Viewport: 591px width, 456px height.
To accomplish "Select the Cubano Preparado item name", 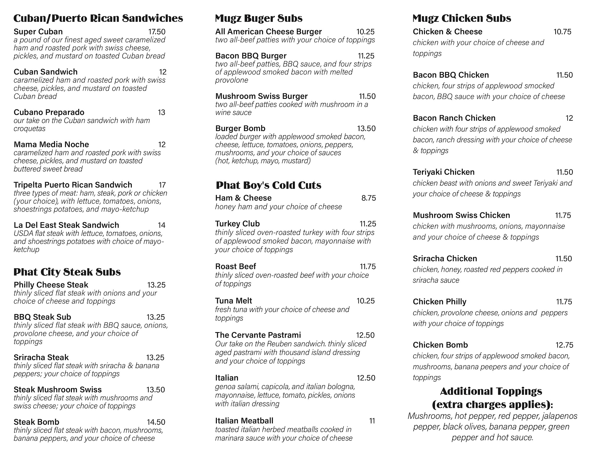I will [x=49, y=112].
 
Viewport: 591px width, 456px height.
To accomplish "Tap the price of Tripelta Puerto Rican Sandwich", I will [x=162, y=185].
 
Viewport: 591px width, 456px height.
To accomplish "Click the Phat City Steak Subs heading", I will [x=67, y=272].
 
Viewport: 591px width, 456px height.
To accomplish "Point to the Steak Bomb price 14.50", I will [x=156, y=422].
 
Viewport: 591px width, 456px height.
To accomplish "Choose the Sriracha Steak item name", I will [x=41, y=357].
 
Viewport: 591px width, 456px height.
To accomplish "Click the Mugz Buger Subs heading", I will [x=259, y=18].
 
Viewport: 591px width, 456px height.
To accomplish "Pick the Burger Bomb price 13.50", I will [x=366, y=128].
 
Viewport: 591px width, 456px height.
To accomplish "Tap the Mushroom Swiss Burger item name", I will [x=262, y=96].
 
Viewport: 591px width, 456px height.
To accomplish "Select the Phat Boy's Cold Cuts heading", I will [x=268, y=185].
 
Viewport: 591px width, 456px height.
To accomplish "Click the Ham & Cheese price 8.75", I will [x=368, y=198].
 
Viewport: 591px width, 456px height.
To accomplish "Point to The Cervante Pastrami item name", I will [x=258, y=335].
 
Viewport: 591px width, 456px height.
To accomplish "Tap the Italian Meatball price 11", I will [x=372, y=421].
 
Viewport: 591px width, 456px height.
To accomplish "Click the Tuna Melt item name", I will [x=233, y=301].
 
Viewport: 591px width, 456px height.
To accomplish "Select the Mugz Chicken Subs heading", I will [x=462, y=18].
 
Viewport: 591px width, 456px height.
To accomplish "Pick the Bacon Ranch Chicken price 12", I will [x=569, y=118].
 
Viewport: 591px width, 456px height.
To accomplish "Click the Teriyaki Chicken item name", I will [x=444, y=172].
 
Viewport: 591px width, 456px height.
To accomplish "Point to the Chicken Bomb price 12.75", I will [x=564, y=345].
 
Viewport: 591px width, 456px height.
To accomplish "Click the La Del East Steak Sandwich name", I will [x=66, y=225].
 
